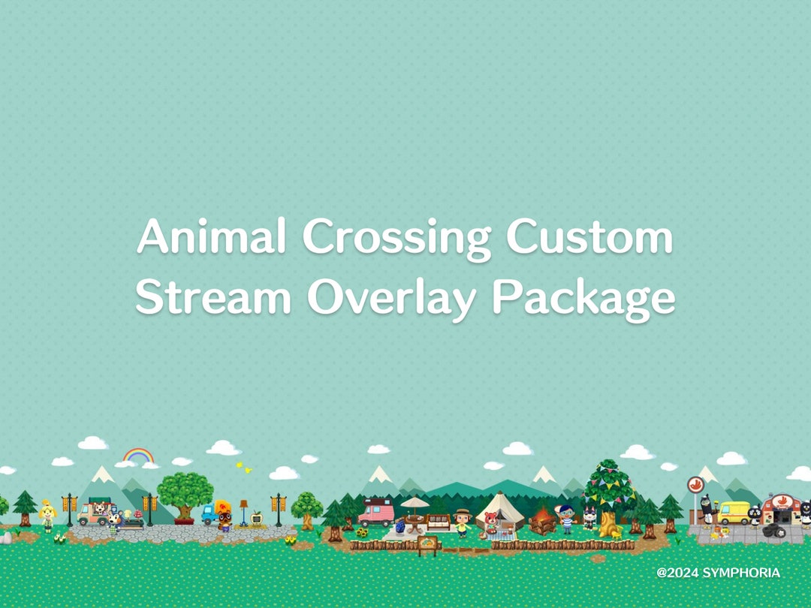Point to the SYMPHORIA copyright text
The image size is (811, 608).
coord(718,573)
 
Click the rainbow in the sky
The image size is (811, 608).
coord(138,456)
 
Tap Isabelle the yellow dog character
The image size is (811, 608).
coord(49,516)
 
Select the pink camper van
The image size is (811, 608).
coord(376,514)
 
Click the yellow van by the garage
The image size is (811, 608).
coord(734,512)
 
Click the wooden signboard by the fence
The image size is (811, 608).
coord(428,543)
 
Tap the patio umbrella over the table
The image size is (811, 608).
coord(415,503)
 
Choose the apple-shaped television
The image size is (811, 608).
coord(257,517)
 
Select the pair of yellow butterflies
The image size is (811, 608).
coord(243,467)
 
